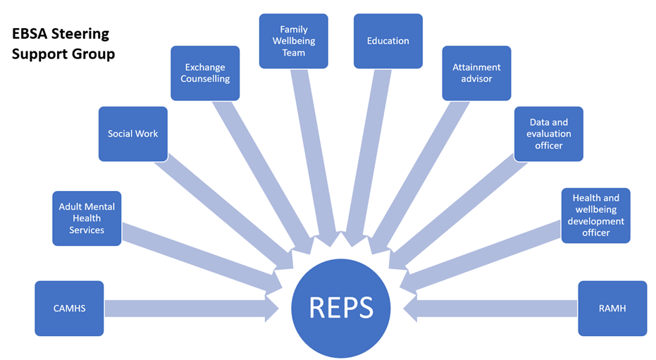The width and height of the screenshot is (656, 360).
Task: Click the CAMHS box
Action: pyautogui.click(x=69, y=308)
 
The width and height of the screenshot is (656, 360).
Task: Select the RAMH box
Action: pyautogui.click(x=612, y=308)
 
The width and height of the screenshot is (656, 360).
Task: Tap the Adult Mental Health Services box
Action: pyautogui.click(x=87, y=218)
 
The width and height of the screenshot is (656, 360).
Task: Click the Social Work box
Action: pyautogui.click(x=132, y=134)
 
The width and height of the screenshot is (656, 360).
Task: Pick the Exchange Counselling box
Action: pyautogui.click(x=205, y=73)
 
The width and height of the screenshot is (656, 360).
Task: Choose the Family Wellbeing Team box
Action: pyautogui.click(x=293, y=41)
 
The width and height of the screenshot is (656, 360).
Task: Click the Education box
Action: pyautogui.click(x=388, y=41)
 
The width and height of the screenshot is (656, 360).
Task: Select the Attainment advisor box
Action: pyautogui.click(x=476, y=73)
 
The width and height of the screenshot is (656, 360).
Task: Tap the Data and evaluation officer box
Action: pyautogui.click(x=548, y=134)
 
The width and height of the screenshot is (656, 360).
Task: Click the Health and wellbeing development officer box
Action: pyautogui.click(x=595, y=216)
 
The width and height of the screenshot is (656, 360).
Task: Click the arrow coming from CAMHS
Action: pyautogui.click(x=190, y=308)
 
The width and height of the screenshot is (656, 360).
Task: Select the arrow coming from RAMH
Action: pyautogui.click(x=493, y=308)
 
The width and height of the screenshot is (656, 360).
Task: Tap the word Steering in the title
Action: pyautogui.click(x=81, y=35)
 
